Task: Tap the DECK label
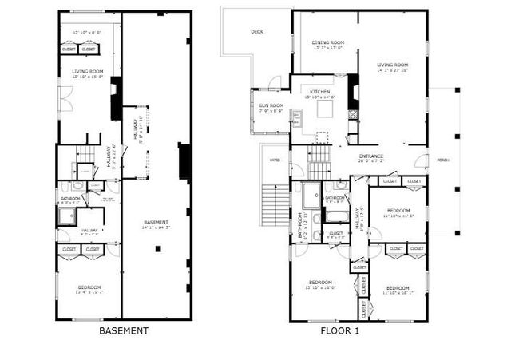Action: coord(256,32)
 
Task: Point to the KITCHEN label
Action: coord(320,92)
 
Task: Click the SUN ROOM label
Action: coord(271,105)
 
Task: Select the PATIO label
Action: coord(275,160)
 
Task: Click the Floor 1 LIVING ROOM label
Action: coord(393,65)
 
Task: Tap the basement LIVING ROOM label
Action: coord(89,72)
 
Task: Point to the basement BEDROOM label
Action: coord(89,287)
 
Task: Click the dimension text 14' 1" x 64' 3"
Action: coord(156,227)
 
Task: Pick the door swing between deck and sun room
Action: coord(274,82)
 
